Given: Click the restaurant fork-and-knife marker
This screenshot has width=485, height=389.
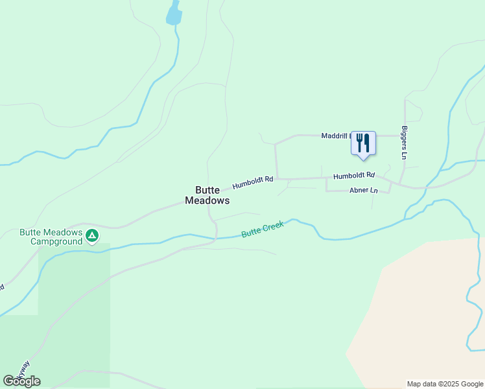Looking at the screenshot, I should click(x=363, y=143).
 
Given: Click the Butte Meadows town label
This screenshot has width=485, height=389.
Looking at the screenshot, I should click(x=207, y=195).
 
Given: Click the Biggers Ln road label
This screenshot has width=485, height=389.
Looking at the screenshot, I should click(x=404, y=143).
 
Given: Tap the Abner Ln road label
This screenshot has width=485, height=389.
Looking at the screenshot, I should click(x=363, y=191).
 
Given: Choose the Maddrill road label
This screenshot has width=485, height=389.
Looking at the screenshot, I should click(x=335, y=136).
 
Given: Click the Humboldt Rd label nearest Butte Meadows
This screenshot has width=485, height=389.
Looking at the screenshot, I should click(x=253, y=183).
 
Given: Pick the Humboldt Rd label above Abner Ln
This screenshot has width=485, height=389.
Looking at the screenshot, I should click(x=354, y=175).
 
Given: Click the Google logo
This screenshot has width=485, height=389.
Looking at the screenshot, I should click(x=21, y=381).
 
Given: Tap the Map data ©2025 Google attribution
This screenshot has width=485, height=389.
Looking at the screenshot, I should click(x=445, y=384).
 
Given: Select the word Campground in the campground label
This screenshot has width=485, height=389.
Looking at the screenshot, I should click(x=56, y=242).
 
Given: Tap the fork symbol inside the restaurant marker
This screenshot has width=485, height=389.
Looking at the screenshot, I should click(x=359, y=143).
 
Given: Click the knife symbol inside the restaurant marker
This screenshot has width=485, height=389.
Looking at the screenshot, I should click(x=366, y=143).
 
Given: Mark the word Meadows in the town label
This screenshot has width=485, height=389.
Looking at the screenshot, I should click(x=207, y=201).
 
